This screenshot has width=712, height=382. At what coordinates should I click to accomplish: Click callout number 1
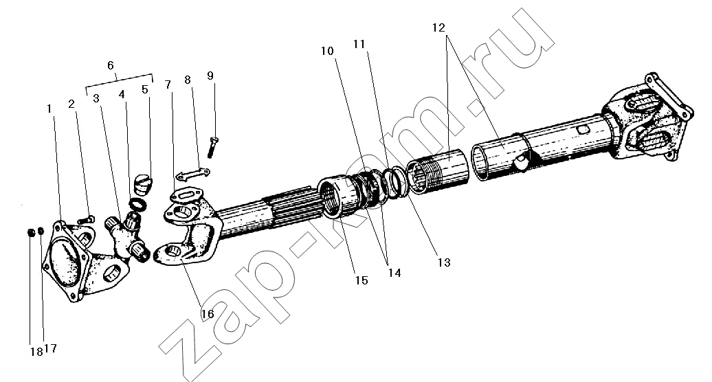point(49,109)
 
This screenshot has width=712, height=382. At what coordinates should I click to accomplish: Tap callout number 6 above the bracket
point(111,65)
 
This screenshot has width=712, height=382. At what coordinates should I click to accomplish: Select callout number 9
point(210,76)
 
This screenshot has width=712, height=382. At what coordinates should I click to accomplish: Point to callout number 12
point(438,27)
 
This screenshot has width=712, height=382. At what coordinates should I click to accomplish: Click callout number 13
point(444,262)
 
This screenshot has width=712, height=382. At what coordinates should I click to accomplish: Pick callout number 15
point(361,280)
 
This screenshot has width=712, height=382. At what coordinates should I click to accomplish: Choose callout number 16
point(208,314)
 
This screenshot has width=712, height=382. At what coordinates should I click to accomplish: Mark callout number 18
point(36,352)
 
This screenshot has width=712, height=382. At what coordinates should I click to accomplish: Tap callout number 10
point(327,51)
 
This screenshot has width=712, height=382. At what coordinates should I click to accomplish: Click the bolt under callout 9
point(213,147)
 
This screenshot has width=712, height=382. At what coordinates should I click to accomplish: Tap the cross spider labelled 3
point(126,236)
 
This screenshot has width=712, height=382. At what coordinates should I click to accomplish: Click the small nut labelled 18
point(32,232)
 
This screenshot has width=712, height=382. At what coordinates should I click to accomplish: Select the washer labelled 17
point(41,232)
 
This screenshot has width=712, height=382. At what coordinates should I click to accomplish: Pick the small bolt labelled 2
point(85,220)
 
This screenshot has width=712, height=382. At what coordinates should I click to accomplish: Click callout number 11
point(359,44)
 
